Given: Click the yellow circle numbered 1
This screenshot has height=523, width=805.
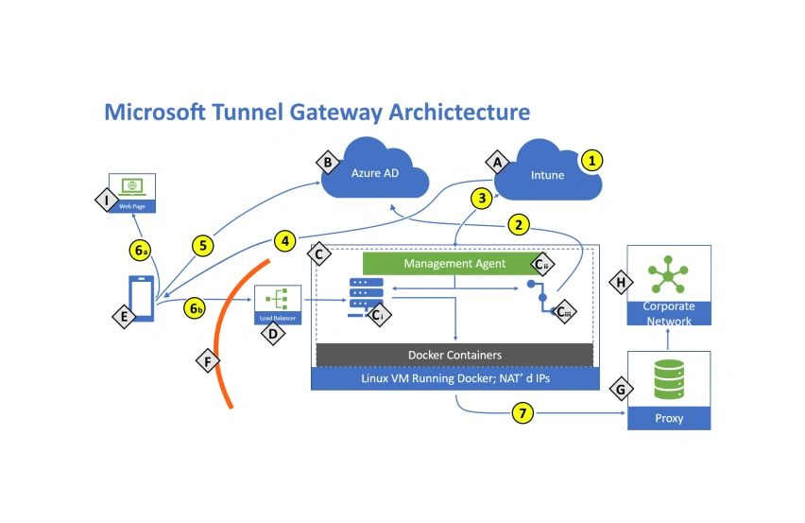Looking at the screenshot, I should (x=591, y=160).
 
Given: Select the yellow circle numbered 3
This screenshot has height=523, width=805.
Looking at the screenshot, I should (x=482, y=198).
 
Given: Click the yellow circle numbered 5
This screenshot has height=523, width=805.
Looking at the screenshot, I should (x=202, y=245).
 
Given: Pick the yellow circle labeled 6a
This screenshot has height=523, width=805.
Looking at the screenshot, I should (x=140, y=251).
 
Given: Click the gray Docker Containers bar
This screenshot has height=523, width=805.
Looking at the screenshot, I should (x=454, y=355).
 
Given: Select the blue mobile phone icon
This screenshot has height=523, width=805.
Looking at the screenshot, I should (x=142, y=299).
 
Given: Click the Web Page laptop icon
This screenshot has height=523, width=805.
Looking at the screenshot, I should (x=132, y=190).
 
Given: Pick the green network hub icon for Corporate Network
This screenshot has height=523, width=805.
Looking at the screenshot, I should (x=669, y=275).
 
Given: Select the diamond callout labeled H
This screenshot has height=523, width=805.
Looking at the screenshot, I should (x=621, y=283).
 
